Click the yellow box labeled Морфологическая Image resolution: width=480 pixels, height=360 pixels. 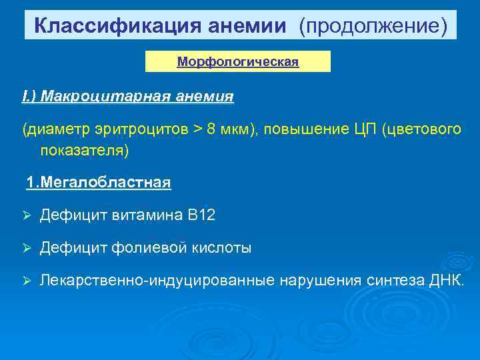[x=238, y=62]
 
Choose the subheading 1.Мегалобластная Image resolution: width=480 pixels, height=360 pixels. [x=99, y=183]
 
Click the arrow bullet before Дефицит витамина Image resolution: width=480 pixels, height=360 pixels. [x=27, y=215]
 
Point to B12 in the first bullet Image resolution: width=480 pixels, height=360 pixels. [x=201, y=215]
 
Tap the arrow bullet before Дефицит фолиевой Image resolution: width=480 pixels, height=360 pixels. [x=27, y=248]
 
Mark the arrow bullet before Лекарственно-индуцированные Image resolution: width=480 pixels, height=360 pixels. [x=27, y=281]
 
